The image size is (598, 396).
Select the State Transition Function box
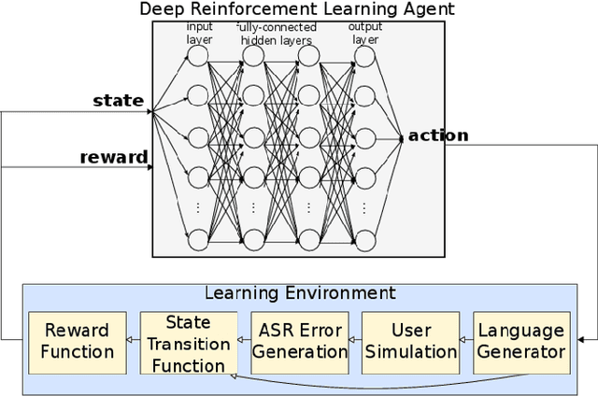(x=188, y=343)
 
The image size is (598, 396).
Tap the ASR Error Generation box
(x=299, y=341)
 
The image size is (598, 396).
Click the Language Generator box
(x=520, y=341)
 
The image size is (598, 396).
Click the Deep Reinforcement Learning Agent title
(x=297, y=9)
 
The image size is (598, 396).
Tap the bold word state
(x=118, y=100)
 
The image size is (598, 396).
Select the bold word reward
(x=112, y=157)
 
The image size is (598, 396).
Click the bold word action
(x=438, y=135)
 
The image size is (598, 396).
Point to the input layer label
(x=199, y=33)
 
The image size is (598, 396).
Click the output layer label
(x=365, y=33)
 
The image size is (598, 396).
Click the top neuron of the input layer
(x=197, y=56)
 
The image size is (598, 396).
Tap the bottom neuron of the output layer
(x=364, y=239)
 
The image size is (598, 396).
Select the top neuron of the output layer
(x=364, y=56)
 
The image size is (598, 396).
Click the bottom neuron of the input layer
(x=197, y=239)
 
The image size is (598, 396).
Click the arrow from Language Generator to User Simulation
(x=463, y=342)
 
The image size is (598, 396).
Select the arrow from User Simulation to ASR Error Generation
(x=354, y=342)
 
